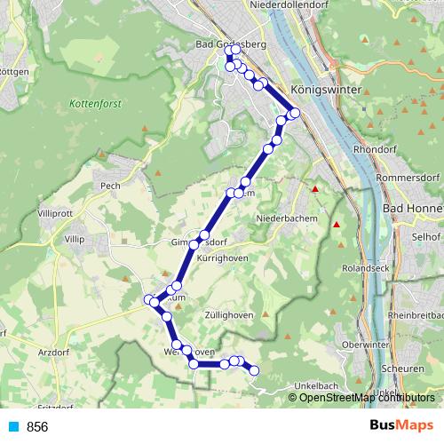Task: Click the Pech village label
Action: tap(110, 186)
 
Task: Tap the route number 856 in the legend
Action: tap(37, 427)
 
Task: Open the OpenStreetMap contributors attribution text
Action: tap(361, 397)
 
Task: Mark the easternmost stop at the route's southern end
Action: tap(254, 370)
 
